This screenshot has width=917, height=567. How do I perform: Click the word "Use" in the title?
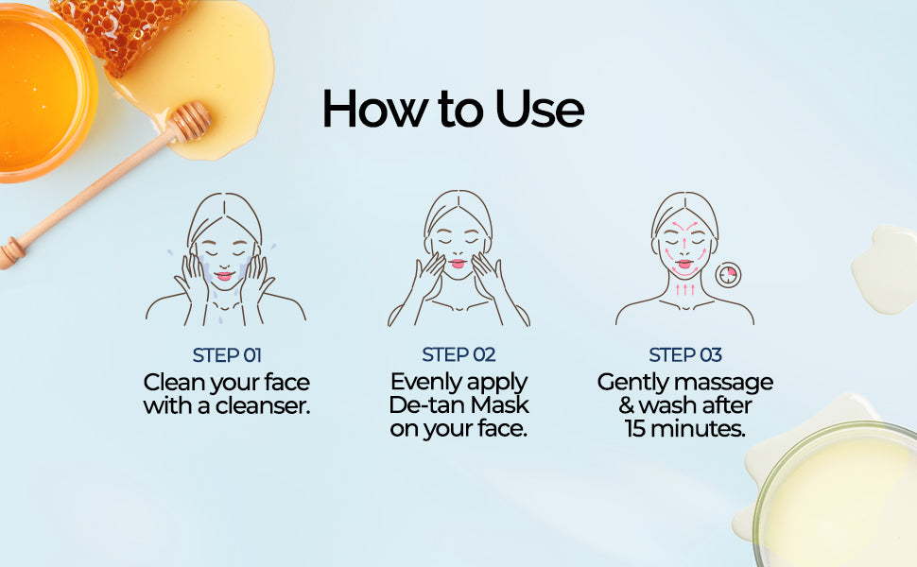click(540, 109)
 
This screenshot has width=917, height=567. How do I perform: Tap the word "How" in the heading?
click(375, 109)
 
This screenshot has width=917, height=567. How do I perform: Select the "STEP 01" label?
click(227, 355)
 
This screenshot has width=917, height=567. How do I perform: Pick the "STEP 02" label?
click(458, 354)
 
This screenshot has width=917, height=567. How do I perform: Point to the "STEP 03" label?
click(685, 354)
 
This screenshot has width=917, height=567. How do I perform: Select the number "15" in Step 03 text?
click(634, 428)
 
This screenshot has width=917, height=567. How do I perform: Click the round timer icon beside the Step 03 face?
click(728, 273)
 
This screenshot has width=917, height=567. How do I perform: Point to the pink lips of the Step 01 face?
click(224, 276)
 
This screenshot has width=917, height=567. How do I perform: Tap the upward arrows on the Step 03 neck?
click(684, 289)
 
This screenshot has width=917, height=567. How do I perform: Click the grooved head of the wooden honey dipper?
click(188, 122)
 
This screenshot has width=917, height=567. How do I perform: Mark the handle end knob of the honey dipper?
click(11, 252)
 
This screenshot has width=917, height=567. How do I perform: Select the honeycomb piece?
click(124, 32)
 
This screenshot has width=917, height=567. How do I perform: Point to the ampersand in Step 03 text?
click(627, 405)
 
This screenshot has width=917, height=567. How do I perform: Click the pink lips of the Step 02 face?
click(458, 264)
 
